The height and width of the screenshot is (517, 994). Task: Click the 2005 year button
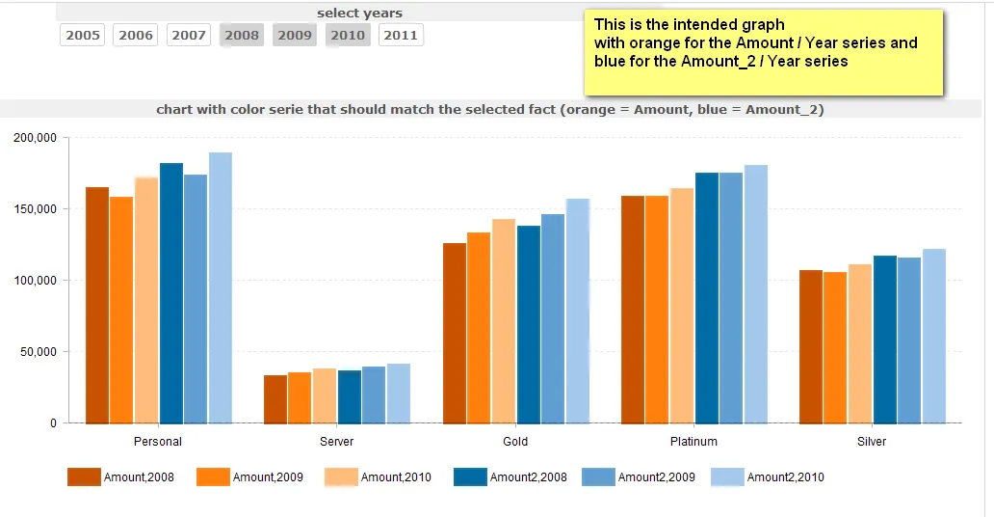83,36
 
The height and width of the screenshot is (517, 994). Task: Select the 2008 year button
242,36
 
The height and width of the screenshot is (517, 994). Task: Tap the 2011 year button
401,36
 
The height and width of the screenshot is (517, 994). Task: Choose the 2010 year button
348,36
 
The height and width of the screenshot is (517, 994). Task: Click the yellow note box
763,52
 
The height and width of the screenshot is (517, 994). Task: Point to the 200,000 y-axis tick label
36,138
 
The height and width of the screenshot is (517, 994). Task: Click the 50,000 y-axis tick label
39,352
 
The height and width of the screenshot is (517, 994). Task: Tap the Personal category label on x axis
158,442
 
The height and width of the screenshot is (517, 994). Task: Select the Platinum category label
693,442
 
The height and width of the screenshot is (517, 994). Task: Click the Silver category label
872,442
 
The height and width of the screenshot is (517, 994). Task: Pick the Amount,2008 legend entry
121,477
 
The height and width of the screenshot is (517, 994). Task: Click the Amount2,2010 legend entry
768,477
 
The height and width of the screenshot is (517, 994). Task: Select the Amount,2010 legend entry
379,477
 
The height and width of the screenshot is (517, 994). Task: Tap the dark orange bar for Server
275,399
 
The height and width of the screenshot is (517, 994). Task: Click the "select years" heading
359,14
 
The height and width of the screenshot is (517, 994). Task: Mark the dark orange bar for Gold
455,333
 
